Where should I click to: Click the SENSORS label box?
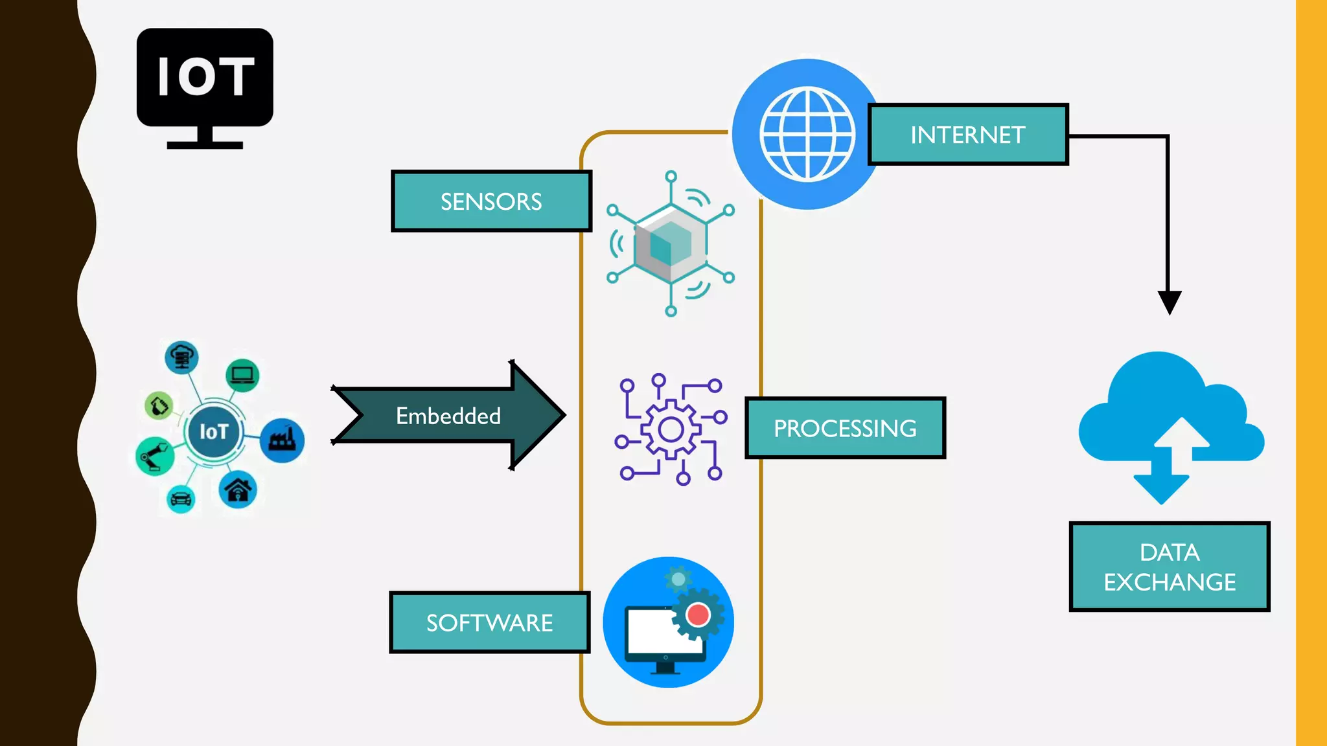pos(491,201)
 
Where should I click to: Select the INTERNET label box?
pos(967,135)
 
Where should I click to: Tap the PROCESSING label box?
pos(845,428)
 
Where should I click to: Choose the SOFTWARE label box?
pos(489,622)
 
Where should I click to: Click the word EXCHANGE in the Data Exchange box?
pos(1170,582)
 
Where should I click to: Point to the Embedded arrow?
pos(448,415)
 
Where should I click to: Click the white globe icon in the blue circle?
pos(807,135)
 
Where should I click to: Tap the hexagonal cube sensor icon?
pos(671,243)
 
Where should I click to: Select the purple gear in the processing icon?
pos(671,429)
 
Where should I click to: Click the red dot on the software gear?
pos(698,614)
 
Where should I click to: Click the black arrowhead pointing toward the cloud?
pos(1170,302)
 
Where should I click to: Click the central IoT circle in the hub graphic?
pos(213,431)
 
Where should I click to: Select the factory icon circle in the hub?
pos(283,440)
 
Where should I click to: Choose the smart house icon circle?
pos(238,490)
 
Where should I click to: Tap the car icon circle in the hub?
pos(181,499)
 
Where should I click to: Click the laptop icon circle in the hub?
pos(242,375)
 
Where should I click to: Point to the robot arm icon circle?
pos(155,456)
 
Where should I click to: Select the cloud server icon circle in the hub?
pos(181,357)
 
